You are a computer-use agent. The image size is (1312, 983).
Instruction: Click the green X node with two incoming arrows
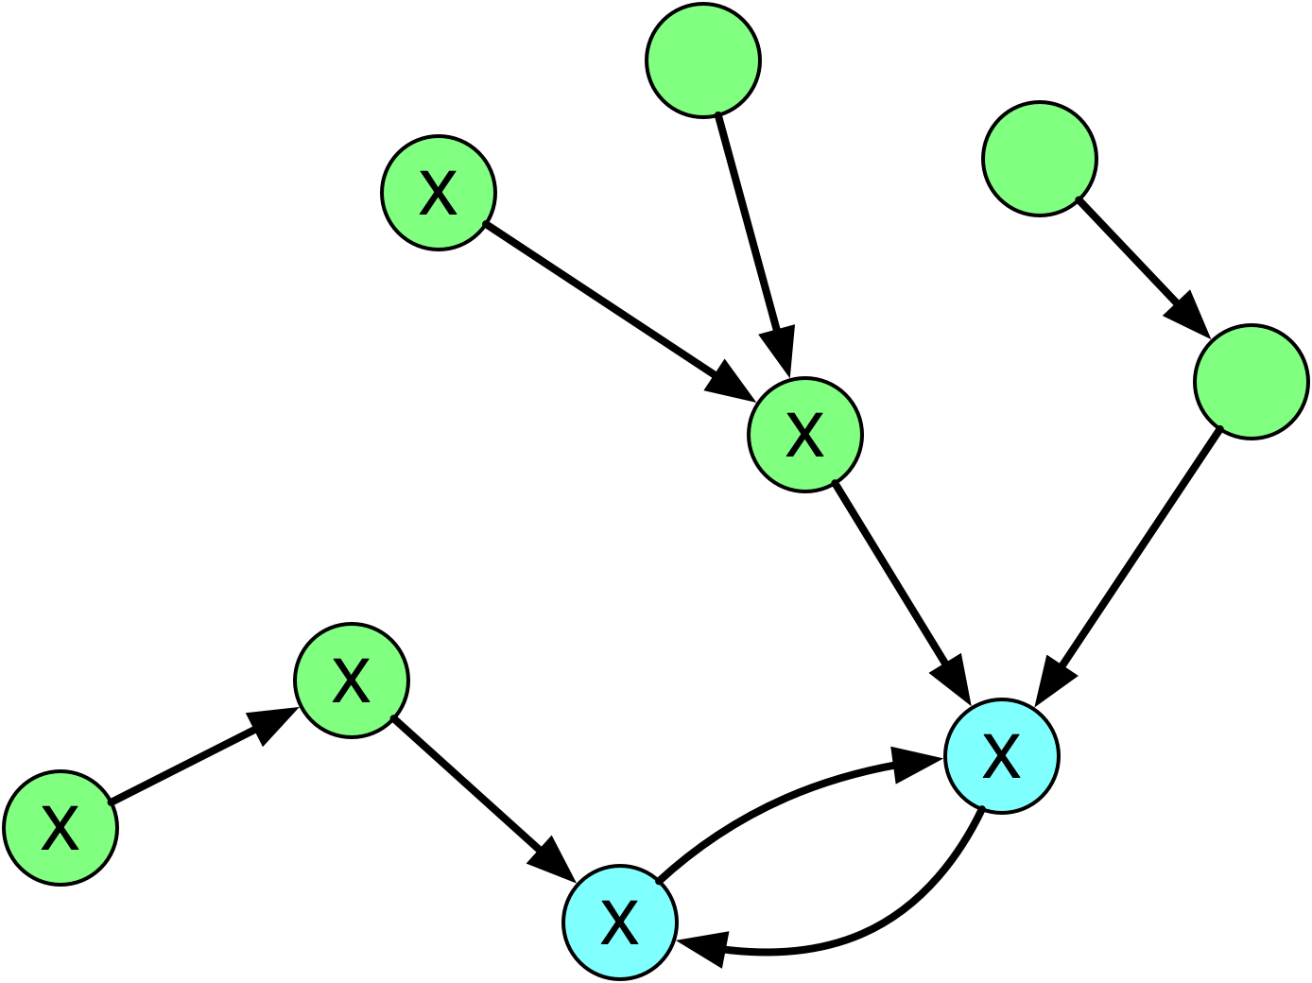coord(804,435)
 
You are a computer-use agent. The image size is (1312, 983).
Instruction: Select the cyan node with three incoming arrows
coord(1001,756)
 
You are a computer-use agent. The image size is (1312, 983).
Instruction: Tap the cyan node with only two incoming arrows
coord(619,923)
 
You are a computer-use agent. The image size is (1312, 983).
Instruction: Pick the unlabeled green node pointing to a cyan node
coord(1251,382)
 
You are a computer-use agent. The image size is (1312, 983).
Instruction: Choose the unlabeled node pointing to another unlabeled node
coord(1039,159)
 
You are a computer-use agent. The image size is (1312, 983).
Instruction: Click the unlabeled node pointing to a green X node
coord(702,60)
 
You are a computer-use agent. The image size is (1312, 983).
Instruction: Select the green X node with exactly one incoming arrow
coord(351,681)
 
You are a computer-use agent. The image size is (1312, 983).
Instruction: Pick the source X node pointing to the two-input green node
coord(438,193)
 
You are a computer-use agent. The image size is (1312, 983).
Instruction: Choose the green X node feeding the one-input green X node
coord(60,828)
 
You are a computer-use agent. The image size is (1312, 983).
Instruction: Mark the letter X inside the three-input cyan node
coord(1001,756)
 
